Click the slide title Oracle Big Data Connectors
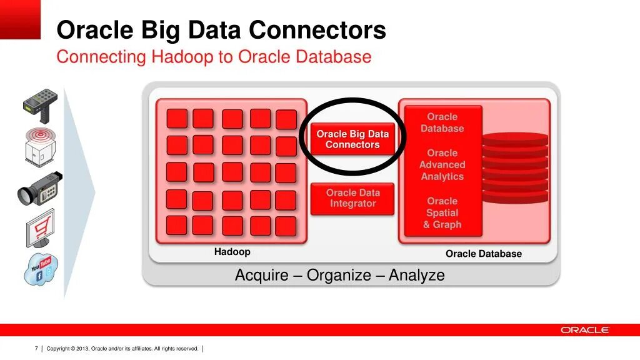pyautogui.click(x=221, y=30)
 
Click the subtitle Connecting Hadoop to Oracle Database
pyautogui.click(x=214, y=57)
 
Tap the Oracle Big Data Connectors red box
pyautogui.click(x=352, y=139)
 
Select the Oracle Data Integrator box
pyautogui.click(x=352, y=199)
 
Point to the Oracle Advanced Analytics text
pyautogui.click(x=442, y=165)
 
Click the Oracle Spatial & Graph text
pyautogui.click(x=442, y=213)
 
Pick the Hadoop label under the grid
pyautogui.click(x=232, y=252)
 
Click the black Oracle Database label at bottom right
pyautogui.click(x=483, y=254)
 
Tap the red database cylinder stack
pyautogui.click(x=515, y=167)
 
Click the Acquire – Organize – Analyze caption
pyautogui.click(x=340, y=275)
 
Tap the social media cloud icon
pyautogui.click(x=41, y=269)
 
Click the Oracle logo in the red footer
pyautogui.click(x=584, y=330)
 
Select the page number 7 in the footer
pyautogui.click(x=37, y=349)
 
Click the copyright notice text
pyautogui.click(x=122, y=349)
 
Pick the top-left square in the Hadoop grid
pyautogui.click(x=177, y=118)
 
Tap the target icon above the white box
pyautogui.click(x=41, y=135)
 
